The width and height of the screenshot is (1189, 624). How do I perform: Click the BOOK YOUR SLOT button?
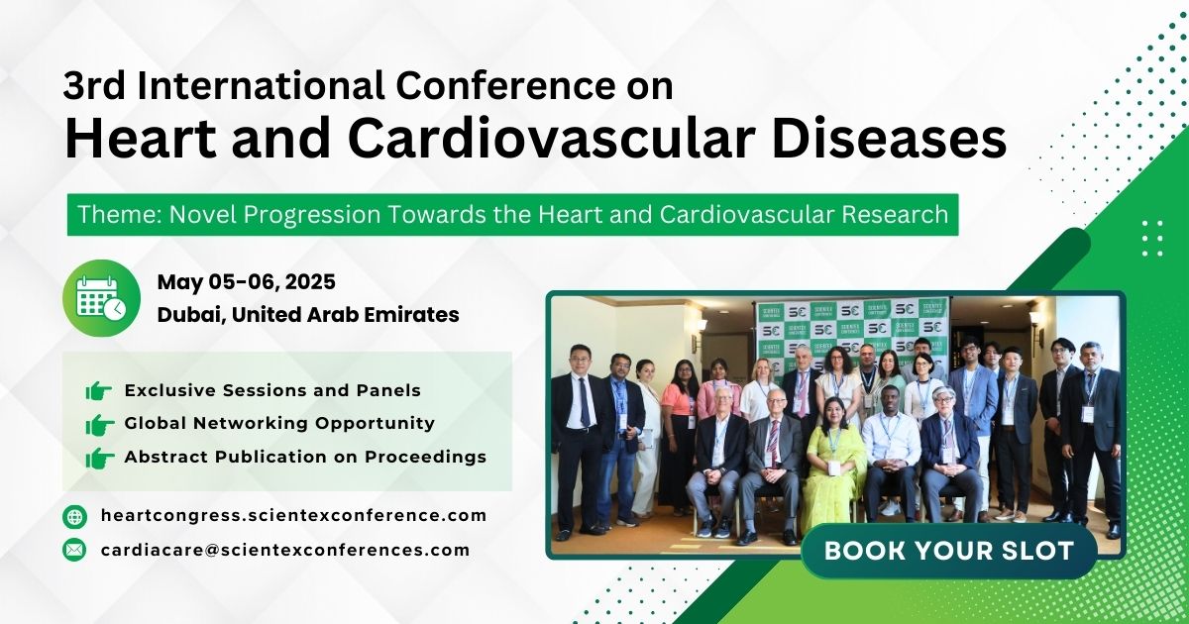click(948, 551)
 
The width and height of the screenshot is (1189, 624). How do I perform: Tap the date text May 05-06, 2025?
click(246, 282)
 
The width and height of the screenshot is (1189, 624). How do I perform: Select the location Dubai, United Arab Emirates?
click(307, 315)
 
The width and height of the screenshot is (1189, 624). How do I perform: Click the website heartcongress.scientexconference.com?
click(293, 515)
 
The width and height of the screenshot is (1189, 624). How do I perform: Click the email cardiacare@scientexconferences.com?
click(284, 550)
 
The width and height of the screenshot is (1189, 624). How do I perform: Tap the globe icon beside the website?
click(74, 516)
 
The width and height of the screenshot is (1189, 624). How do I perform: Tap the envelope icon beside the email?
click(74, 550)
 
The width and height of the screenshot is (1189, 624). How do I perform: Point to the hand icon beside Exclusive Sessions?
click(99, 391)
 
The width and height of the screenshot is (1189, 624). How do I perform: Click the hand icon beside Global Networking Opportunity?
click(99, 424)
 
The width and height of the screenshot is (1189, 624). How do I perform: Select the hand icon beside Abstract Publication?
click(99, 458)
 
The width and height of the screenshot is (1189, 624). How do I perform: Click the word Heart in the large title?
click(126, 141)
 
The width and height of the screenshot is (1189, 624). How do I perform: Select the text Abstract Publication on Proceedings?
click(305, 458)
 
